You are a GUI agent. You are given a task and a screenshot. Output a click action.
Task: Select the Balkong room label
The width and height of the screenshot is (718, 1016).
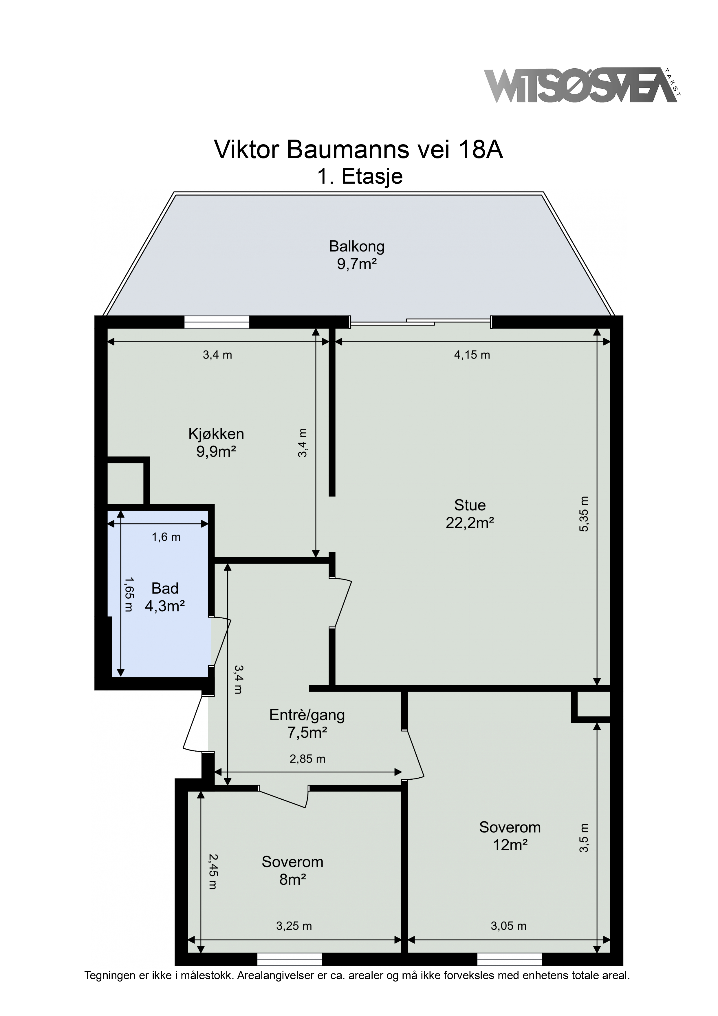coord(357,246)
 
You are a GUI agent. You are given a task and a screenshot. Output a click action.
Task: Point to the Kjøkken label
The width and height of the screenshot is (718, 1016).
coord(216,434)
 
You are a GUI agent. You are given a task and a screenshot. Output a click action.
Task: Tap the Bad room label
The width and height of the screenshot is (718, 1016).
coord(164,588)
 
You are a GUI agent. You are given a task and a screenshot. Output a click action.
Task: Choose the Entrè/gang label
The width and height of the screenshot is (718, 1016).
coord(307,715)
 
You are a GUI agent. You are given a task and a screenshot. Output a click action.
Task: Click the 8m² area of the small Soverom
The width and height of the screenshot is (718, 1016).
coord(292,879)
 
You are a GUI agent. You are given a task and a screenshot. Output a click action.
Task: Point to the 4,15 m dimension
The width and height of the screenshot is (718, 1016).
coord(472,355)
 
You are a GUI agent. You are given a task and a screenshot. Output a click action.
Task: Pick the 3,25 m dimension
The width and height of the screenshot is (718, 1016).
coord(294,926)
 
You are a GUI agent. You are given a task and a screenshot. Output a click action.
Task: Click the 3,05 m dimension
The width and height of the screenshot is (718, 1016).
coord(509,926)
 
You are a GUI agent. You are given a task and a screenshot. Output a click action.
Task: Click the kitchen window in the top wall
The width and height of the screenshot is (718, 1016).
coord(217,322)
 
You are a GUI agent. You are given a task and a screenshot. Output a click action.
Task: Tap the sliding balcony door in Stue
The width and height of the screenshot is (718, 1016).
coord(420,322)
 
